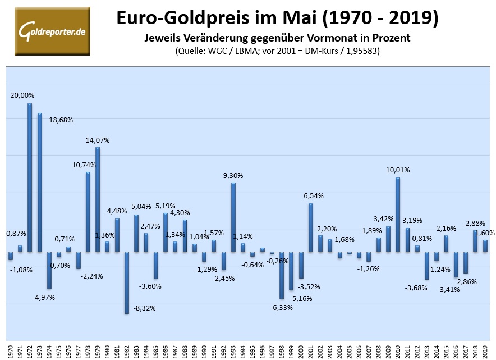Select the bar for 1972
(x=30, y=177)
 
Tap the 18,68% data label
(x=61, y=120)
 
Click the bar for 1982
(x=127, y=282)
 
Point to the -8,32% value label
(x=145, y=308)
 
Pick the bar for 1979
(x=98, y=199)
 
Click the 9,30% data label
(x=232, y=175)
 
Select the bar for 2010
(x=398, y=214)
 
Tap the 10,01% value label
(x=398, y=170)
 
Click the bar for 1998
(x=282, y=275)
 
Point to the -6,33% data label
(x=281, y=307)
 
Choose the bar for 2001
(x=311, y=227)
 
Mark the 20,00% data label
(x=22, y=95)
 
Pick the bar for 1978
(x=88, y=211)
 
